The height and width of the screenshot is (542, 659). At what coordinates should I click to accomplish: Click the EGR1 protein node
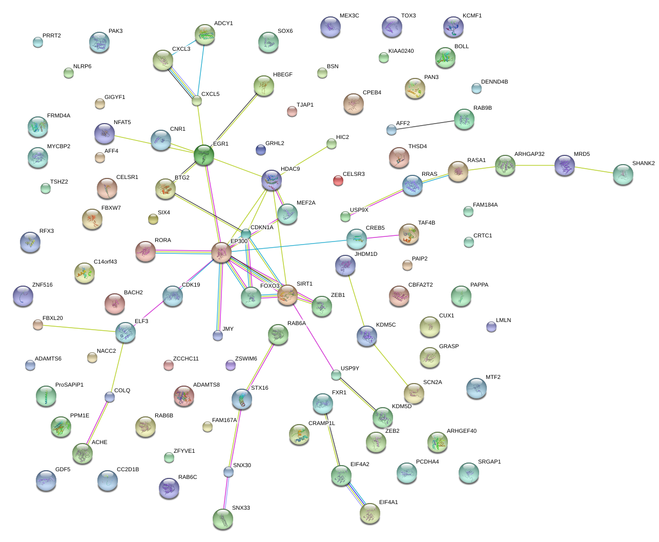click(204, 154)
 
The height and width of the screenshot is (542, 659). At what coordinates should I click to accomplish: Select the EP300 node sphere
click(221, 252)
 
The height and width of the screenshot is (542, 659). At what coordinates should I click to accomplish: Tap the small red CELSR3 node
click(338, 180)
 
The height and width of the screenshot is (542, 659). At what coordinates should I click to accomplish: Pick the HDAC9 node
click(272, 180)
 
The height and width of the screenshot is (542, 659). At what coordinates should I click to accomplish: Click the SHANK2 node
click(623, 174)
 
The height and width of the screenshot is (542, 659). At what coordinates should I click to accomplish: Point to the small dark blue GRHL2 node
click(261, 149)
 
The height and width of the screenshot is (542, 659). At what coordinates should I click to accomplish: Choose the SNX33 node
click(223, 518)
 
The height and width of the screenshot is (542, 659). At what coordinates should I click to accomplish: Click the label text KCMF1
click(472, 16)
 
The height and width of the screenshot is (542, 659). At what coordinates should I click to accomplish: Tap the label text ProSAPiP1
click(69, 385)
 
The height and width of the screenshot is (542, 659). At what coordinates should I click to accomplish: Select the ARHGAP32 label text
click(529, 154)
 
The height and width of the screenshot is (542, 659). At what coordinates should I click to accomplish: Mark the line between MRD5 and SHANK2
click(594, 170)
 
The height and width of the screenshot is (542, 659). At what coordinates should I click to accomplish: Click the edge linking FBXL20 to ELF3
click(81, 328)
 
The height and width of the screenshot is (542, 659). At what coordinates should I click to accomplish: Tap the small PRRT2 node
click(38, 42)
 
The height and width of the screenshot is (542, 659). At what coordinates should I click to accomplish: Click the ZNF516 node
click(23, 296)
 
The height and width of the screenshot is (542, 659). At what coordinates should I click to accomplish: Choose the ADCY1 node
click(205, 34)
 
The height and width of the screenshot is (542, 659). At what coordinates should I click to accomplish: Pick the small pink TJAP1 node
click(292, 111)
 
